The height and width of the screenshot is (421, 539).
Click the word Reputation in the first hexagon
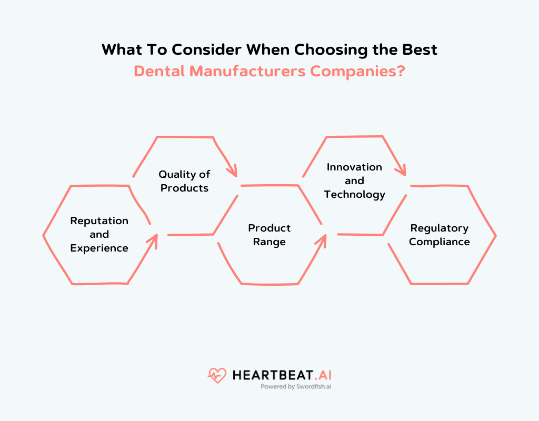coord(99,220)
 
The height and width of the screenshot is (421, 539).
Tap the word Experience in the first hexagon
coord(99,248)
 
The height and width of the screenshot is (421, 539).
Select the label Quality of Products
coord(184,181)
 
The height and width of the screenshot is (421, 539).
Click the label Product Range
coord(269,235)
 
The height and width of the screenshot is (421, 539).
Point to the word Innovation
coord(354,167)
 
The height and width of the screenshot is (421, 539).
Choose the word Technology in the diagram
coord(354,194)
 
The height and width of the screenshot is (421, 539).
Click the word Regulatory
coord(440,228)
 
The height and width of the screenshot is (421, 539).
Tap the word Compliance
coord(440,242)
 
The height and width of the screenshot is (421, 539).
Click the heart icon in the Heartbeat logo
coord(216,375)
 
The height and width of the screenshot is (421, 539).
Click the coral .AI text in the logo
coord(322,375)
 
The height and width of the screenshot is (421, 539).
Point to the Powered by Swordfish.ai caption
coord(296,386)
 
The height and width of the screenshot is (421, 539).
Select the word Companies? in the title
coord(357,71)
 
